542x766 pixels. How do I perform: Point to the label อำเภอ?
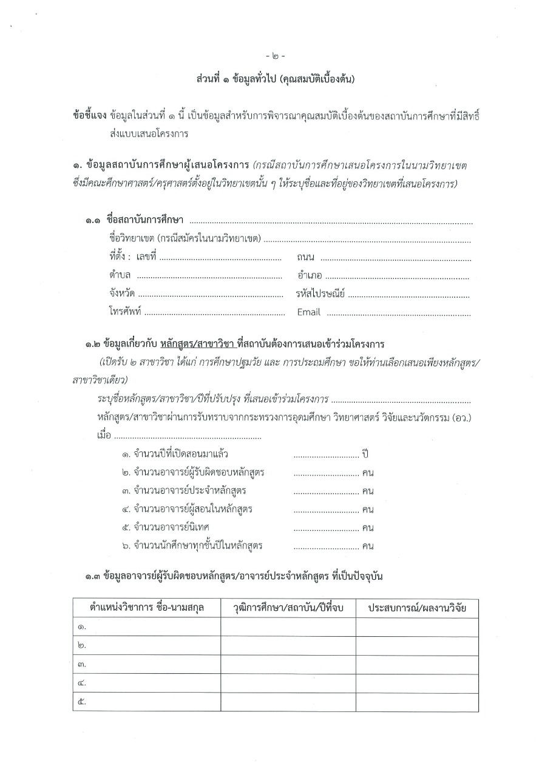(310, 276)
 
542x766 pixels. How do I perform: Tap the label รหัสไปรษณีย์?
(320, 295)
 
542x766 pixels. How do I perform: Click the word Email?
(308, 313)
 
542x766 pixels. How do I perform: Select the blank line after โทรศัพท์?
(214, 314)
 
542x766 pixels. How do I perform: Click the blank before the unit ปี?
(326, 455)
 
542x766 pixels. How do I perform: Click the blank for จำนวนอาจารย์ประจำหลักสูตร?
(326, 491)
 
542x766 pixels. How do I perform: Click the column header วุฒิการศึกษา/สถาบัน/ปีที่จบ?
(288, 607)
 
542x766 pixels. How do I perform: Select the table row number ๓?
(82, 664)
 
